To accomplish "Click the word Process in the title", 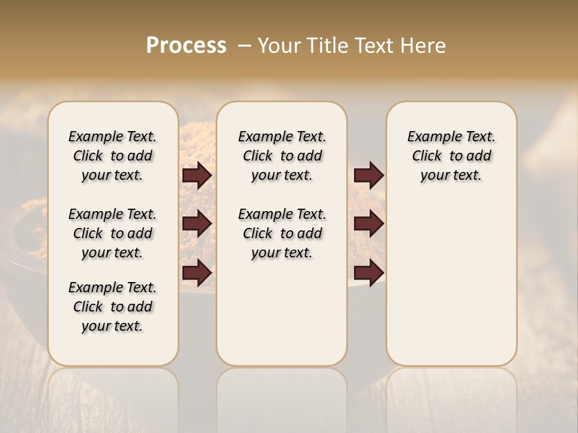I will pyautogui.click(x=186, y=46).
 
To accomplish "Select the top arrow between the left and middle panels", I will pyautogui.click(x=197, y=176).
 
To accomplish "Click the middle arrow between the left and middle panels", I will pyautogui.click(x=197, y=224).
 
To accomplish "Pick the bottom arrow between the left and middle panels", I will pyautogui.click(x=197, y=273).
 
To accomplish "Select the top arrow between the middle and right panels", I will pyautogui.click(x=368, y=176).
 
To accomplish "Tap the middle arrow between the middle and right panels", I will pyautogui.click(x=368, y=224).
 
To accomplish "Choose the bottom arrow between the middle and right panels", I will pyautogui.click(x=368, y=273).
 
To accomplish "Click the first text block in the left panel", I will pyautogui.click(x=113, y=156).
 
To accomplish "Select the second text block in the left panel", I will pyautogui.click(x=113, y=233).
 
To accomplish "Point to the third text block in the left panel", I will pyautogui.click(x=113, y=307).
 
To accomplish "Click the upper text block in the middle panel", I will pyautogui.click(x=282, y=156).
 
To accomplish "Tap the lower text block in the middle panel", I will pyautogui.click(x=282, y=233).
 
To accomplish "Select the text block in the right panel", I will pyautogui.click(x=452, y=156).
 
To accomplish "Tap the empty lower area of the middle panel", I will pyautogui.click(x=282, y=313).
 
